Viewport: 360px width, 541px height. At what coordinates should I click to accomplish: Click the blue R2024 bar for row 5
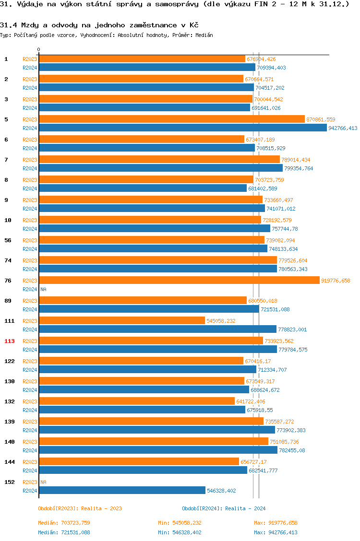point(182,128)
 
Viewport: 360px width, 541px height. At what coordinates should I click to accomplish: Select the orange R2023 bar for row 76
point(179,281)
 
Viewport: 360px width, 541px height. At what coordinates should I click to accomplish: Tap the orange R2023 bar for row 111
point(122,321)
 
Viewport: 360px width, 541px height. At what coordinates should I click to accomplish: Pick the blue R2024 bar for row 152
point(122,491)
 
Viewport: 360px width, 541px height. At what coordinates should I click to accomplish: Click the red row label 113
point(10,341)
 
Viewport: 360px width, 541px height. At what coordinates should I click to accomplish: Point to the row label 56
point(8,240)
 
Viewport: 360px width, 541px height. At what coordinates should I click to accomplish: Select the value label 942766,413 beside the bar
point(343,128)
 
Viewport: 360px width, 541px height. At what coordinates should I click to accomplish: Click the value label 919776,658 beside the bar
point(336,281)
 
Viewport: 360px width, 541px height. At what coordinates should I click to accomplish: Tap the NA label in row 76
point(43,290)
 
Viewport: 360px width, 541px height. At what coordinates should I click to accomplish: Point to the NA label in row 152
point(43,482)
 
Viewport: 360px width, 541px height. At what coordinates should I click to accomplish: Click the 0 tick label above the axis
point(39,50)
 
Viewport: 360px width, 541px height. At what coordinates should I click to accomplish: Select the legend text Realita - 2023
point(101,508)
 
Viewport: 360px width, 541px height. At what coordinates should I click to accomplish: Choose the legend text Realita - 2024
point(245,508)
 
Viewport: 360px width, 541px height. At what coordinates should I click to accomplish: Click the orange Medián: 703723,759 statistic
point(64,523)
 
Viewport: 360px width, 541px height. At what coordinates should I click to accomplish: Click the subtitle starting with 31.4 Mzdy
point(99,25)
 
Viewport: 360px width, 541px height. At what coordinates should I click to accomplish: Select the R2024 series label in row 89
point(30,310)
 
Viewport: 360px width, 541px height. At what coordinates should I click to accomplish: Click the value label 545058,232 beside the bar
point(221,321)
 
